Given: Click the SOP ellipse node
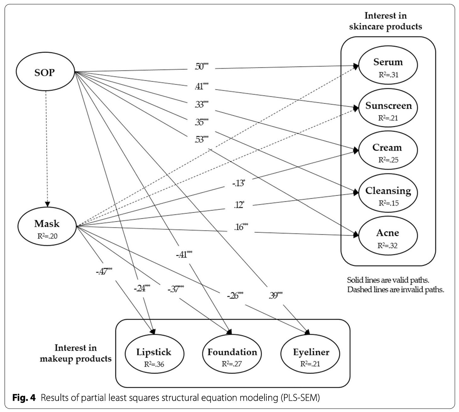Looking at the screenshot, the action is click(x=45, y=72).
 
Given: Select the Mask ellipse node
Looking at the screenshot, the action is click(x=47, y=226).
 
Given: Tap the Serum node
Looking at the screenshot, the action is click(x=388, y=65).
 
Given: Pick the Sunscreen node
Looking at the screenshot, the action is click(x=388, y=108).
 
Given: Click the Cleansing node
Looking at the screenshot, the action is click(x=388, y=193).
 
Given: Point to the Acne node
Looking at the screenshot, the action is click(x=388, y=236).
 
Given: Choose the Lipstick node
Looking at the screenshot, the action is click(x=154, y=354).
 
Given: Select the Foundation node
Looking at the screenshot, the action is click(x=232, y=354).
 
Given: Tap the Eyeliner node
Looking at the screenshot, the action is click(x=310, y=354).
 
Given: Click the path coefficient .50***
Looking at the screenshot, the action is click(x=201, y=66).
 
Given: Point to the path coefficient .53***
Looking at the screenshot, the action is click(x=201, y=139).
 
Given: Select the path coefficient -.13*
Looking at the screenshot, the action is click(x=239, y=183).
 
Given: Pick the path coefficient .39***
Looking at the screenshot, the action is click(x=276, y=295).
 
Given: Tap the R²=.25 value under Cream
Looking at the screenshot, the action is click(x=388, y=160).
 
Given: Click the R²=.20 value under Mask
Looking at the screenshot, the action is click(x=47, y=236).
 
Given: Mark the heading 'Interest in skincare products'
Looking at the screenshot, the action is click(x=385, y=21).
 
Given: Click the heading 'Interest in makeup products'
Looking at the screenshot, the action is click(x=76, y=353).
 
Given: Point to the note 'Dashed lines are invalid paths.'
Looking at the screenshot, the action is click(x=396, y=289).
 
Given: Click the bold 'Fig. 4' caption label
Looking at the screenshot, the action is click(x=24, y=397).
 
